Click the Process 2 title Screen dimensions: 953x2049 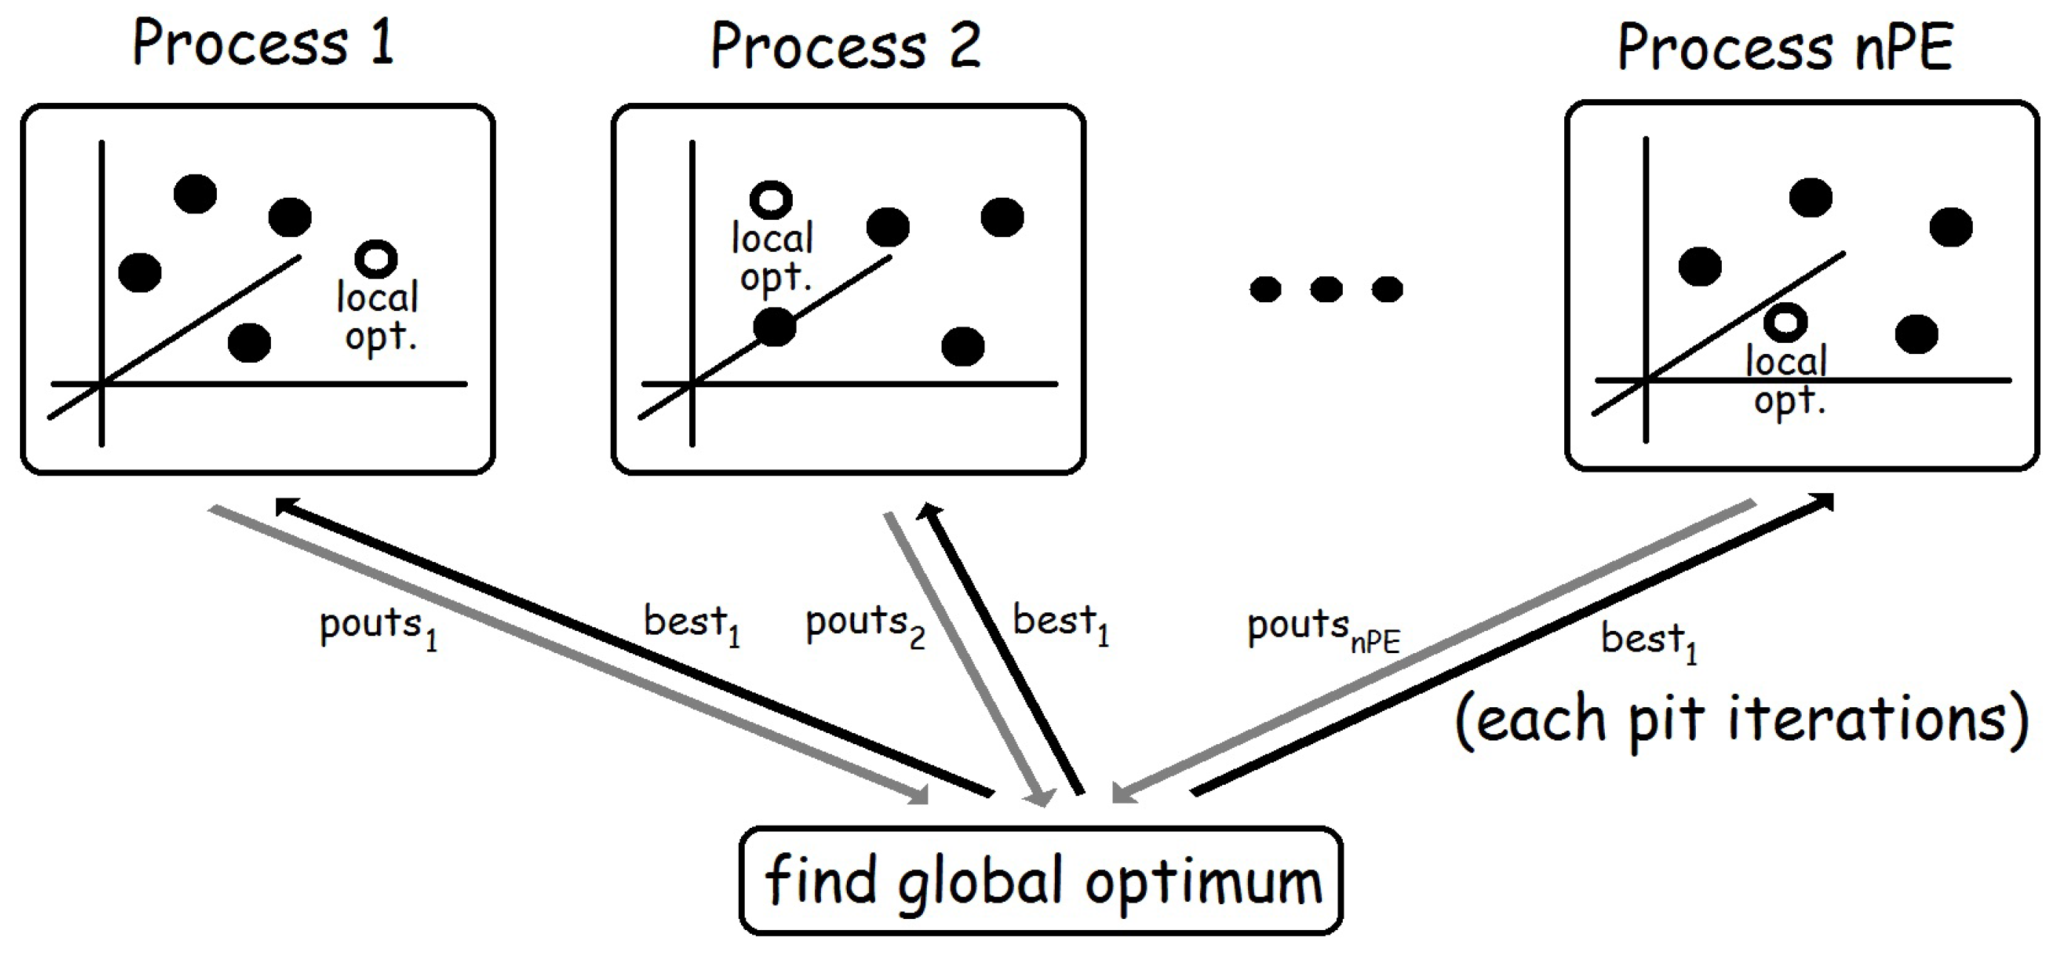tap(845, 47)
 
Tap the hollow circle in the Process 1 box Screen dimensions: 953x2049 tap(376, 258)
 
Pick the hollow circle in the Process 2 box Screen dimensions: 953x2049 tap(771, 199)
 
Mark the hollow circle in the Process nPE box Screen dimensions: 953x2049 tap(1785, 322)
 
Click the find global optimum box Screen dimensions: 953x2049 tap(1042, 880)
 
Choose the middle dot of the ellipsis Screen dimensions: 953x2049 tap(1326, 289)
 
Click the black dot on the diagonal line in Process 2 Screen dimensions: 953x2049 tap(774, 326)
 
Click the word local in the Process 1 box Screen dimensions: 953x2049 tap(377, 298)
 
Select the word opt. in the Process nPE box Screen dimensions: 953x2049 tap(1789, 401)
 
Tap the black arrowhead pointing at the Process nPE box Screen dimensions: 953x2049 tap(1822, 503)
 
